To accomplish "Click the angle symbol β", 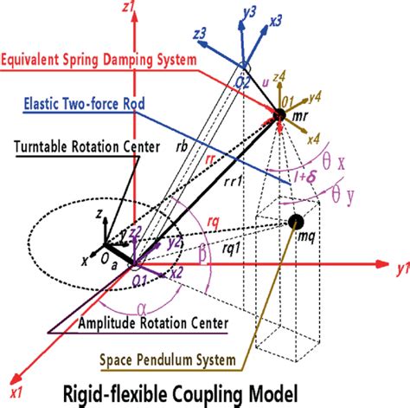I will pos(202,256).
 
